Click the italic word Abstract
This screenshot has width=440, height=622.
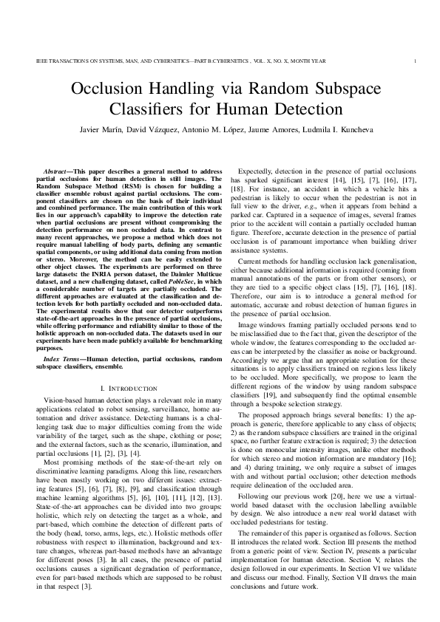(x=55, y=171)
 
